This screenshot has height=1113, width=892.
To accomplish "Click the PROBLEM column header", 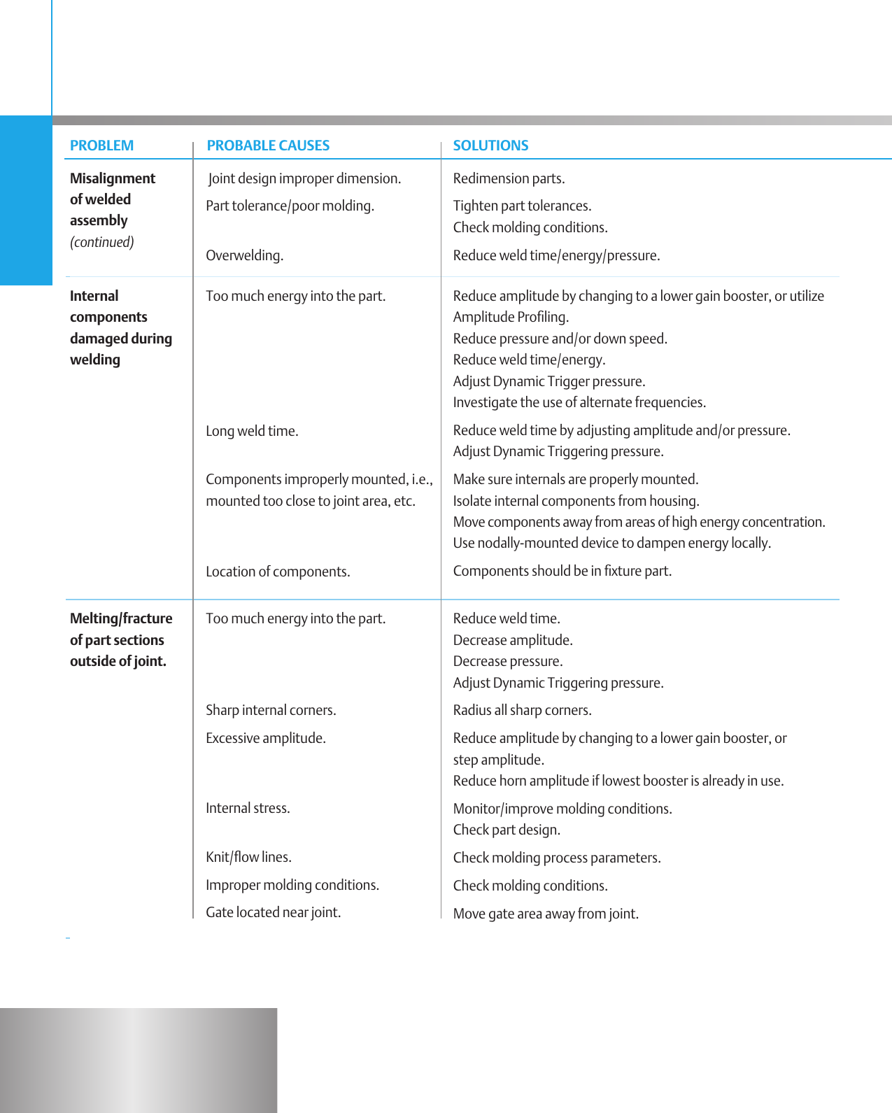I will point(101,146).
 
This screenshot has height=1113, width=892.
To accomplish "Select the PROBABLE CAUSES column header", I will point(268,146).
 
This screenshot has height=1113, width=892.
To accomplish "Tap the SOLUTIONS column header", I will point(490,146).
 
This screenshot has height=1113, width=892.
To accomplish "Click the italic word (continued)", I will point(101,242).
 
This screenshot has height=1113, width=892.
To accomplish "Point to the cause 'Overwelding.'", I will point(244,255).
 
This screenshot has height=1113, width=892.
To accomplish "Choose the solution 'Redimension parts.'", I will point(509,178).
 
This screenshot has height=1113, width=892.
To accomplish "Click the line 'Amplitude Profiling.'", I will point(511,317).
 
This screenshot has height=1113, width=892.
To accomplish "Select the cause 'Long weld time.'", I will point(252,431).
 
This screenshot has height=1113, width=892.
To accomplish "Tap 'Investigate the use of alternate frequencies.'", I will point(579,402).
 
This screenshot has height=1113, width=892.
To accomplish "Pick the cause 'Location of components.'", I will point(278,572).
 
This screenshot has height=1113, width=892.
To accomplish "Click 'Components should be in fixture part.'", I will point(562,571).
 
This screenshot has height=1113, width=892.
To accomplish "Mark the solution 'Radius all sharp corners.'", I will point(522,710).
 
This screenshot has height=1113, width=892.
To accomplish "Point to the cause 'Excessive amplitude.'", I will point(266,738).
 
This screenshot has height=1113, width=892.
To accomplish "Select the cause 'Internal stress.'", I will point(248,808).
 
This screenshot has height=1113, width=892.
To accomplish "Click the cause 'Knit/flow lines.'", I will point(248,857).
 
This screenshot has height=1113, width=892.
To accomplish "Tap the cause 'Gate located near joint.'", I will point(273,912).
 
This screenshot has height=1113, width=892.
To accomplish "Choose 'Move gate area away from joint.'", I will point(546,914).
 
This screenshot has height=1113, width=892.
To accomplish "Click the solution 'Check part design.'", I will point(507,830).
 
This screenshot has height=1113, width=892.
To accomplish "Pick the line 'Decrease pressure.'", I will point(508,661).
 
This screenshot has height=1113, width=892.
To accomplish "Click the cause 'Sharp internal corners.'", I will point(271,710).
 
